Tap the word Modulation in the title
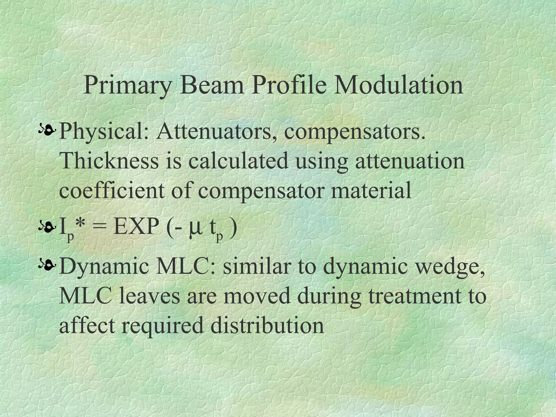[398, 85]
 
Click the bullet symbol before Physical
[48, 131]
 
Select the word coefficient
[112, 190]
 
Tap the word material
[371, 190]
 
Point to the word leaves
[149, 296]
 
